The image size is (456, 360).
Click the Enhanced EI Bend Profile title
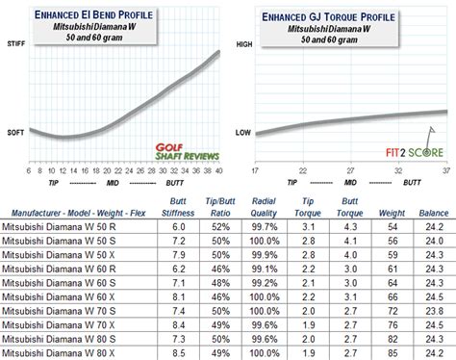point(116,14)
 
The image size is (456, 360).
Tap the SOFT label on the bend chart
point(15,132)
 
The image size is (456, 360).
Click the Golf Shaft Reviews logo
point(188,151)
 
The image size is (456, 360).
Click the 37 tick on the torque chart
point(445,170)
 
